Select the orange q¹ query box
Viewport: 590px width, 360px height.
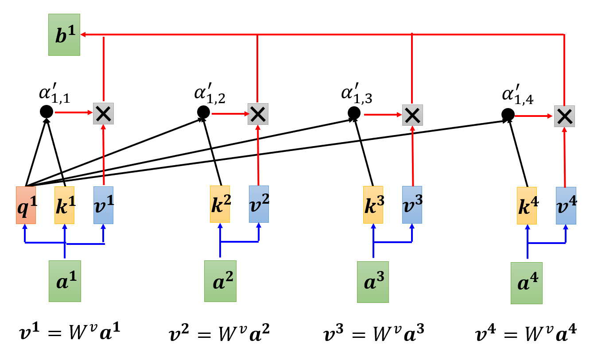(x=26, y=205)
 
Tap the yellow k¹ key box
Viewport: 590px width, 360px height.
(x=64, y=205)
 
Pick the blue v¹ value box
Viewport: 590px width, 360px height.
(x=103, y=205)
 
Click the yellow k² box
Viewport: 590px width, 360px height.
(x=220, y=204)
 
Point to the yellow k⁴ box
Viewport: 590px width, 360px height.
(x=527, y=205)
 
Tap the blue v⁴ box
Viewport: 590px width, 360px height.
(x=566, y=205)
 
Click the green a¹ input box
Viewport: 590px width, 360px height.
(x=65, y=281)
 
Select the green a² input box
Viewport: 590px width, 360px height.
(x=220, y=281)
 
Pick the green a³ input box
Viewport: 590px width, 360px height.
(x=373, y=282)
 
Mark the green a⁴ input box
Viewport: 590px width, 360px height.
(x=526, y=283)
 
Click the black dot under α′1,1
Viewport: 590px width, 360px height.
(x=47, y=112)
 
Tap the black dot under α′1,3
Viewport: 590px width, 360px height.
(x=354, y=113)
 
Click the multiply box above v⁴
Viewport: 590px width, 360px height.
(x=564, y=116)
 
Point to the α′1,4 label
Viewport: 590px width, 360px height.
(x=517, y=97)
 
